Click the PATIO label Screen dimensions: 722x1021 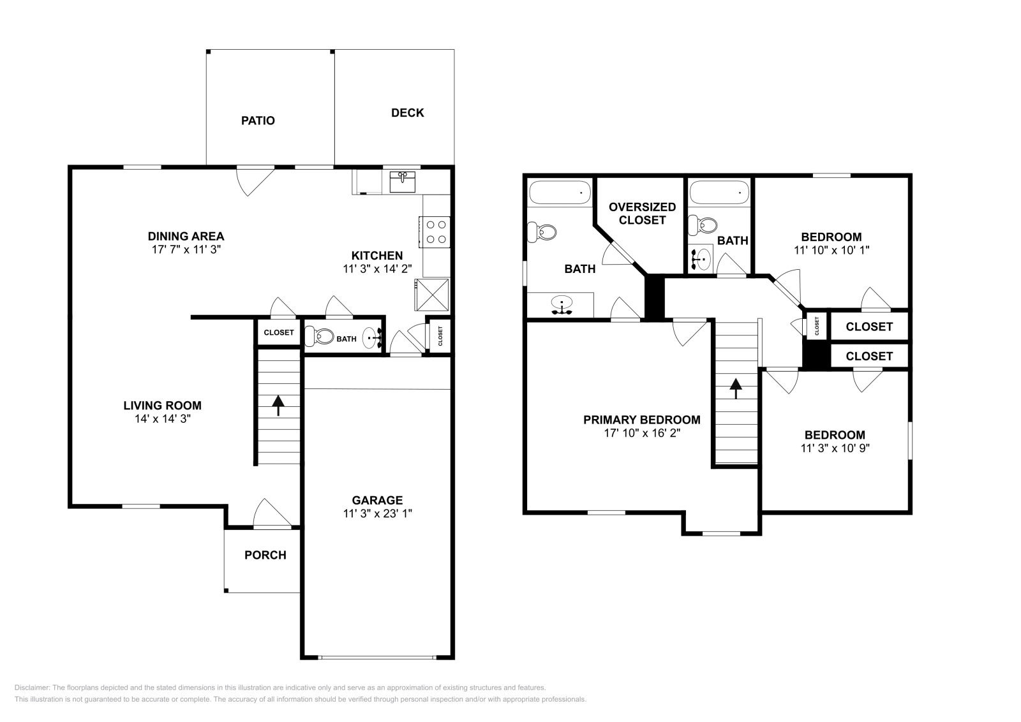point(258,121)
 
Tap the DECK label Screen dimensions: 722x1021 point(407,113)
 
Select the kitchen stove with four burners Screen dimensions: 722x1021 point(435,232)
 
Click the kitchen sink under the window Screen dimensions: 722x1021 point(403,181)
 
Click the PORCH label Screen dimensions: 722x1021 point(265,555)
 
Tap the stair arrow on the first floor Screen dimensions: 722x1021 point(278,405)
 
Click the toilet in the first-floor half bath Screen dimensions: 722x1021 point(320,336)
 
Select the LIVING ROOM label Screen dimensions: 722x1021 point(162,405)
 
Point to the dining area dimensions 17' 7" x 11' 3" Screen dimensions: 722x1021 point(186,249)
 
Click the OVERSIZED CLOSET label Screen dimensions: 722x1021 point(642,214)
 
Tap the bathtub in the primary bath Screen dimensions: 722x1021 point(560,193)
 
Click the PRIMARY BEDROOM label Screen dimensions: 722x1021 point(641,420)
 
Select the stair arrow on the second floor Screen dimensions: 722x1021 point(736,388)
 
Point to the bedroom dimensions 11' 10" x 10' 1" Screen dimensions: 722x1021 point(831,250)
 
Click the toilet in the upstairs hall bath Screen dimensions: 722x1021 point(704,225)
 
